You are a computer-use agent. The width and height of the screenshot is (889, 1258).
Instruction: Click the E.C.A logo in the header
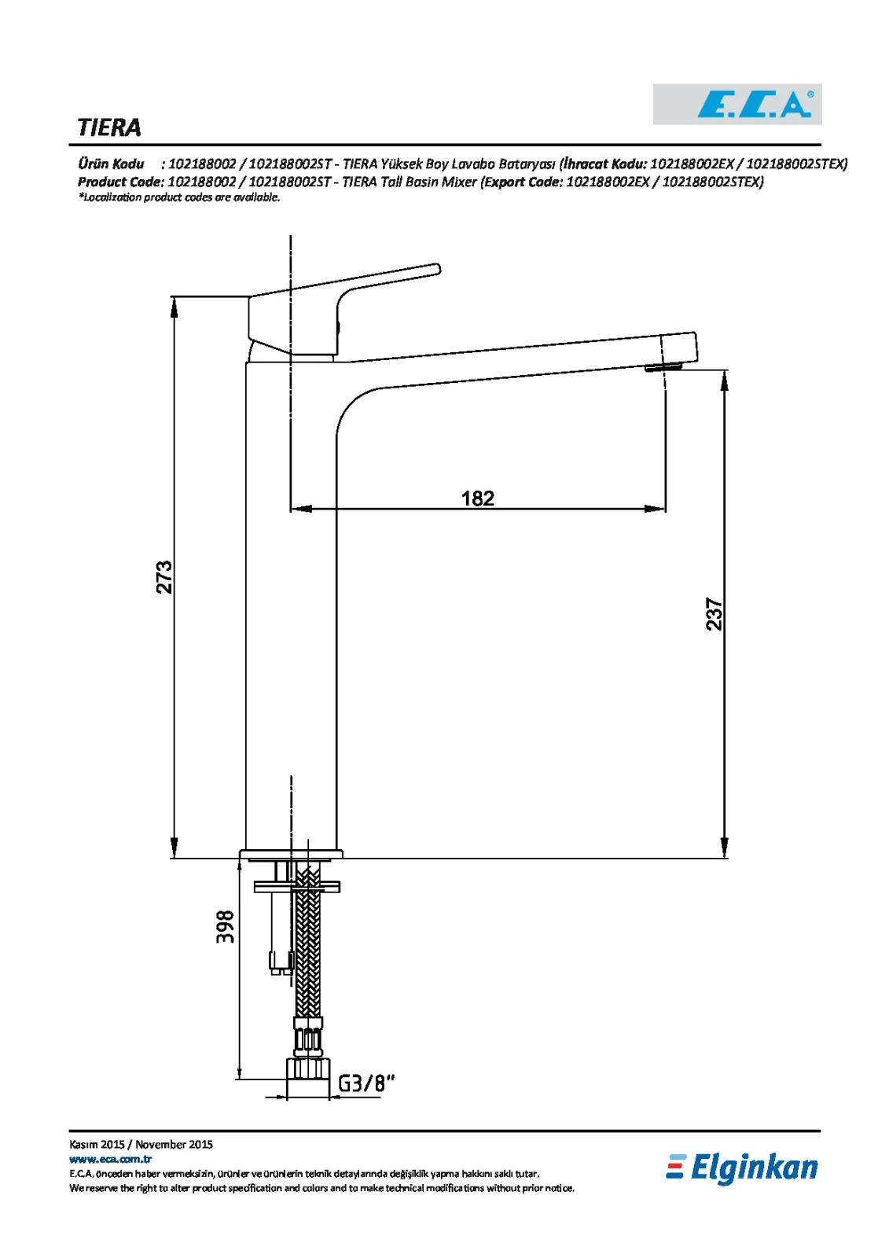tap(737, 105)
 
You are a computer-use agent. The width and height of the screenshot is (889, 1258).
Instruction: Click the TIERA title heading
tap(109, 128)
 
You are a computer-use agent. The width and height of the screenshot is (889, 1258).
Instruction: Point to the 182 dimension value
tap(477, 498)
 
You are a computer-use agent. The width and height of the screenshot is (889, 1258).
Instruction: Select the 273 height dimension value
tap(164, 577)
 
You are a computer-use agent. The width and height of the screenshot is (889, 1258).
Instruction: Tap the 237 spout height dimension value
tap(714, 614)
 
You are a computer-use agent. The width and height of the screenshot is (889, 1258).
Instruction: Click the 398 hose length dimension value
tap(225, 927)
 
